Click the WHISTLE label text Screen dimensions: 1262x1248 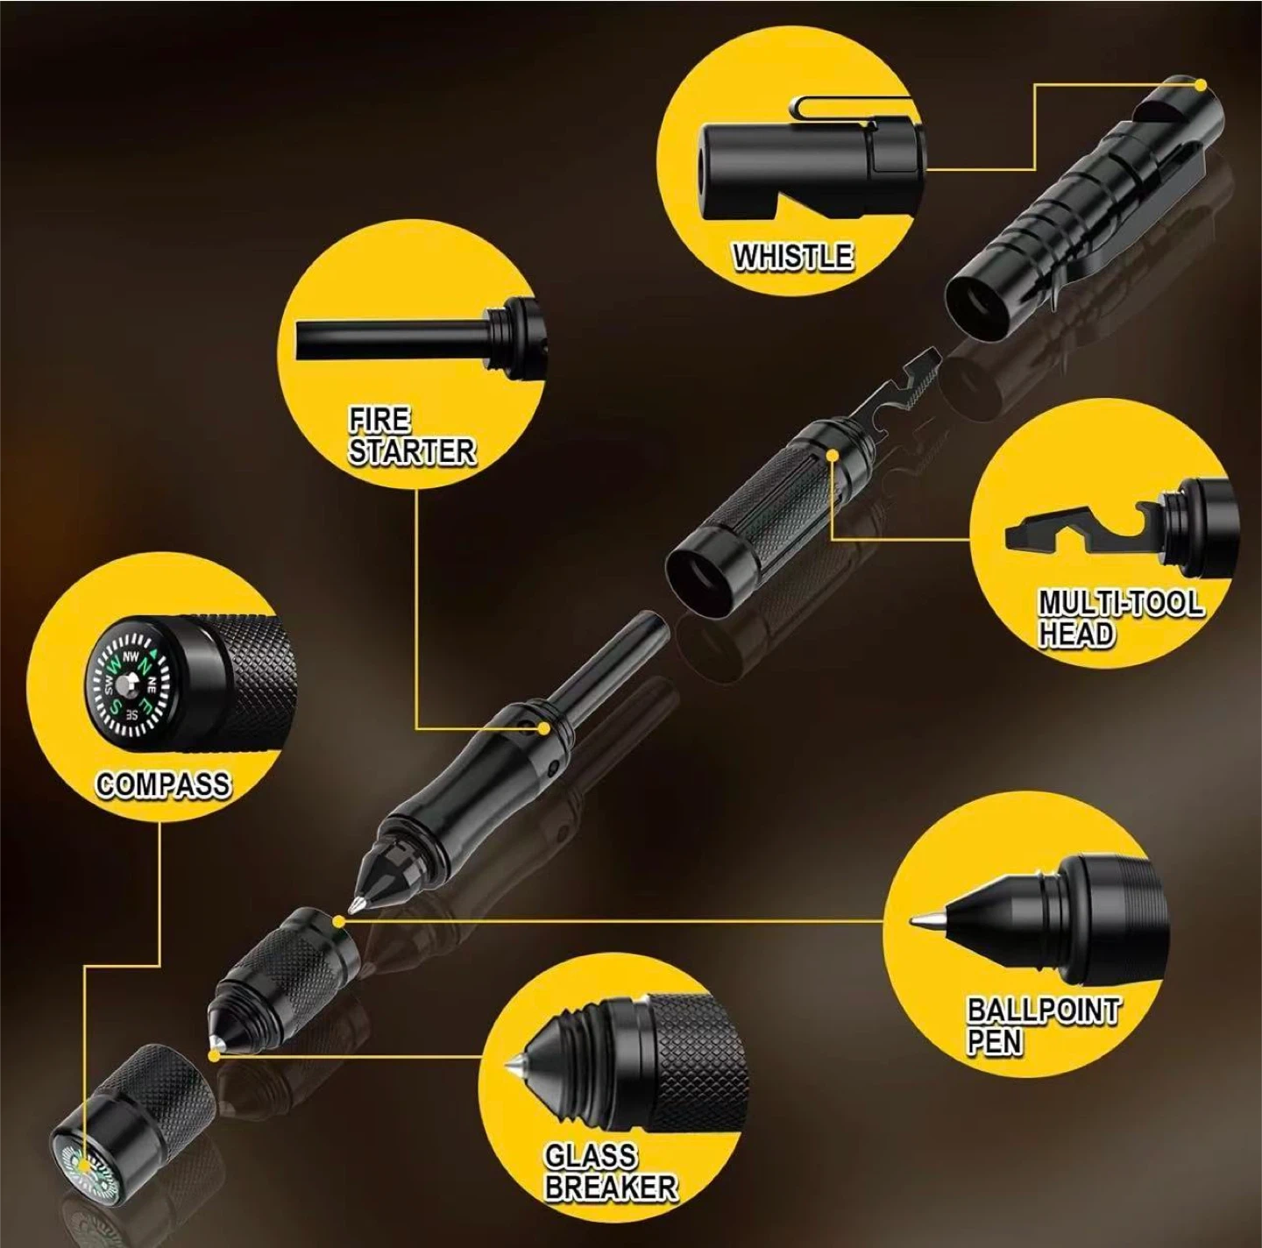(x=792, y=256)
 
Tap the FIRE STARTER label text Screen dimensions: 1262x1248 (x=411, y=436)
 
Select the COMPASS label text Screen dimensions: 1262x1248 (x=163, y=784)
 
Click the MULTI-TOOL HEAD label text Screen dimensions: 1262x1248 (x=1121, y=619)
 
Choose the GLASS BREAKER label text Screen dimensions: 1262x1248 (x=610, y=1171)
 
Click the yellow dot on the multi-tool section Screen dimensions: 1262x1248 (x=831, y=454)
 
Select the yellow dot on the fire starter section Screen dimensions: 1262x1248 (x=542, y=727)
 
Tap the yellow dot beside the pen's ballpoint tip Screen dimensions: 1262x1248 (x=338, y=922)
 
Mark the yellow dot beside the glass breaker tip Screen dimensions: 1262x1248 (x=213, y=1054)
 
